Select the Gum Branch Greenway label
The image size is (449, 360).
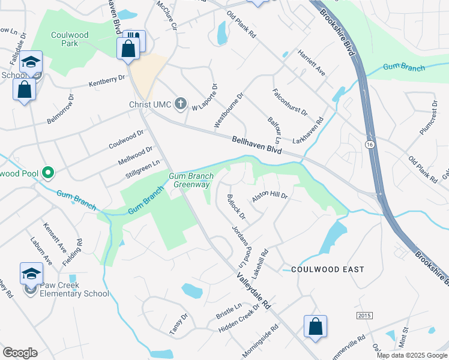click(x=191, y=180)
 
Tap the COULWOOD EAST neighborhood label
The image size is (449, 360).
click(x=327, y=270)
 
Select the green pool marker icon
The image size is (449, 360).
click(x=47, y=173)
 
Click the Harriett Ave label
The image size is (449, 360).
click(x=311, y=62)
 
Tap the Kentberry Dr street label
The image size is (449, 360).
click(x=106, y=80)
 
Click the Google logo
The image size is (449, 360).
click(x=20, y=352)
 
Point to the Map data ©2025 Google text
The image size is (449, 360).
click(x=411, y=355)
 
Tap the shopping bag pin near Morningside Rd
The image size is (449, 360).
click(x=315, y=327)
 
